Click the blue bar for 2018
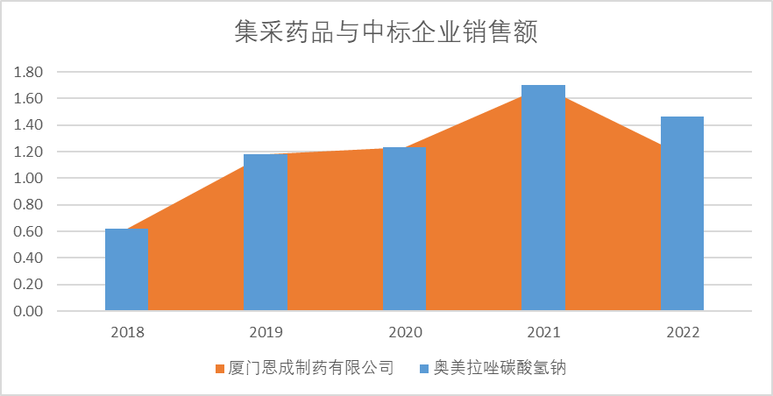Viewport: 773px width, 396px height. pyautogui.click(x=127, y=270)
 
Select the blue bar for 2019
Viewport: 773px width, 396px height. pyautogui.click(x=266, y=232)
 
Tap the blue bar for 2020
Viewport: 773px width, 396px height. pyautogui.click(x=404, y=229)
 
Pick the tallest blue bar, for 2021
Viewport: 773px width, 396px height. pyautogui.click(x=543, y=198)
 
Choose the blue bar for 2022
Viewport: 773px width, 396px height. pyautogui.click(x=682, y=214)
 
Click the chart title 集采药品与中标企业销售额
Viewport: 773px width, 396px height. pyautogui.click(x=386, y=32)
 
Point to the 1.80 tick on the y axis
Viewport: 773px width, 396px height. pyautogui.click(x=30, y=72)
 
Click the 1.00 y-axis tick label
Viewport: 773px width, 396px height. pyautogui.click(x=30, y=179)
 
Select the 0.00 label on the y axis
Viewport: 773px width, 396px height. pyautogui.click(x=30, y=311)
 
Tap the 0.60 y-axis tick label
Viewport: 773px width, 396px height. pyautogui.click(x=30, y=231)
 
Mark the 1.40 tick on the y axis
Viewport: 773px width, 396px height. pyautogui.click(x=30, y=125)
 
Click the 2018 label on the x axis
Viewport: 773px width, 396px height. pyautogui.click(x=127, y=332)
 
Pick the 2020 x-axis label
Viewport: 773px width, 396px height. pyautogui.click(x=405, y=332)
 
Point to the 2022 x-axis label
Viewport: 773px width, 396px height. pyautogui.click(x=683, y=332)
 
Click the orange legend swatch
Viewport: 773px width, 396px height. pyautogui.click(x=220, y=369)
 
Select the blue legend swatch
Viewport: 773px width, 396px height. pyautogui.click(x=424, y=369)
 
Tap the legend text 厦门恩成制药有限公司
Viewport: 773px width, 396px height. pyautogui.click(x=310, y=369)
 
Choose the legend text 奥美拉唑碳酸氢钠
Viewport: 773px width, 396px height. pyautogui.click(x=499, y=369)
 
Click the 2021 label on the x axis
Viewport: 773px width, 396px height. pyautogui.click(x=543, y=332)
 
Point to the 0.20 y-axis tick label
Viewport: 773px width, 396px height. pyautogui.click(x=30, y=285)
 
